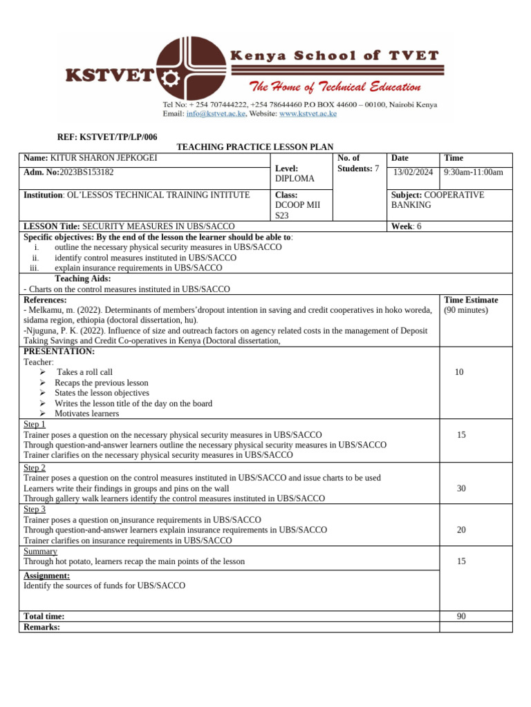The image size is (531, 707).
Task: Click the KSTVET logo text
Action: click(109, 75)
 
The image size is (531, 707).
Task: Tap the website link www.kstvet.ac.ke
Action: click(308, 113)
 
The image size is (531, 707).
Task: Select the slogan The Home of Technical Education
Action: click(335, 87)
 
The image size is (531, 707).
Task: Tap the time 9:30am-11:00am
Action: click(474, 172)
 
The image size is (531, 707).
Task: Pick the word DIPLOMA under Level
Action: click(295, 178)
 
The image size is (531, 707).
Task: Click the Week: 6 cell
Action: click(406, 226)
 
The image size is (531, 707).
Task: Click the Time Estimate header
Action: click(471, 300)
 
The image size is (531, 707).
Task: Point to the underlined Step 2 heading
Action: click(35, 467)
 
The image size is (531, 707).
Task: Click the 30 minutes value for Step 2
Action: click(461, 488)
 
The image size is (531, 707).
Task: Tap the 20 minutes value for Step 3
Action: click(461, 530)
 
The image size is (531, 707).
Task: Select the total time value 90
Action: click(461, 616)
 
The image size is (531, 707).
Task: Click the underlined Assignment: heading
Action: click(47, 575)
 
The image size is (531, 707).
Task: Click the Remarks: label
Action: click(41, 627)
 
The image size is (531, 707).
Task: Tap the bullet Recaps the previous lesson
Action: click(101, 382)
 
